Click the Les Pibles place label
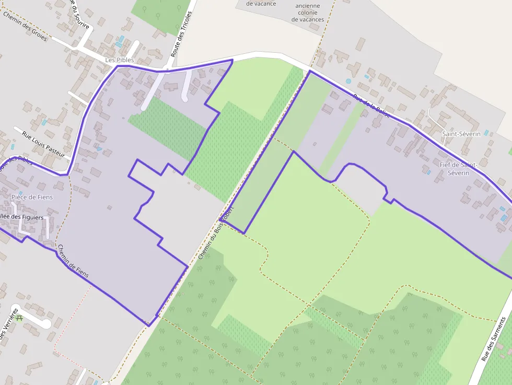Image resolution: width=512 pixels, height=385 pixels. tap(120, 60)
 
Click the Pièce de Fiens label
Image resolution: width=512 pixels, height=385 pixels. tap(32, 197)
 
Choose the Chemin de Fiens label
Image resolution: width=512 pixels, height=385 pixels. tap(73, 261)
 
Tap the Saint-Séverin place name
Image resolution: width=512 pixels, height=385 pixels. tap(461, 134)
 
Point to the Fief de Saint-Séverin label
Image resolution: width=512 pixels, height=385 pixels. tap(458, 169)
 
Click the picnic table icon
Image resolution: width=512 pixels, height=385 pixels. tap(19, 318)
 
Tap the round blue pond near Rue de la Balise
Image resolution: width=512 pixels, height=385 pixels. tap(348, 81)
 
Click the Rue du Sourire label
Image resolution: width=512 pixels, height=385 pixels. tap(80, 16)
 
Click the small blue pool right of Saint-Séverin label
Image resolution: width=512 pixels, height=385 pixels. tap(486, 133)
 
